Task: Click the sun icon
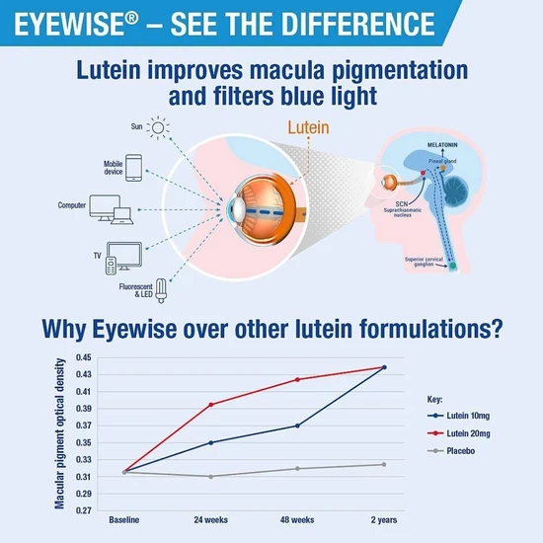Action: (x=159, y=130)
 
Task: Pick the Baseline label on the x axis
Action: (x=123, y=519)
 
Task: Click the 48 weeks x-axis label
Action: (x=297, y=519)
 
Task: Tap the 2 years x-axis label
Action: (x=383, y=519)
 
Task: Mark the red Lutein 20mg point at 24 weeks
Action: (x=210, y=404)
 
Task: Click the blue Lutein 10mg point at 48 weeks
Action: (x=297, y=426)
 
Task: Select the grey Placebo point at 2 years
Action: (x=383, y=464)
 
